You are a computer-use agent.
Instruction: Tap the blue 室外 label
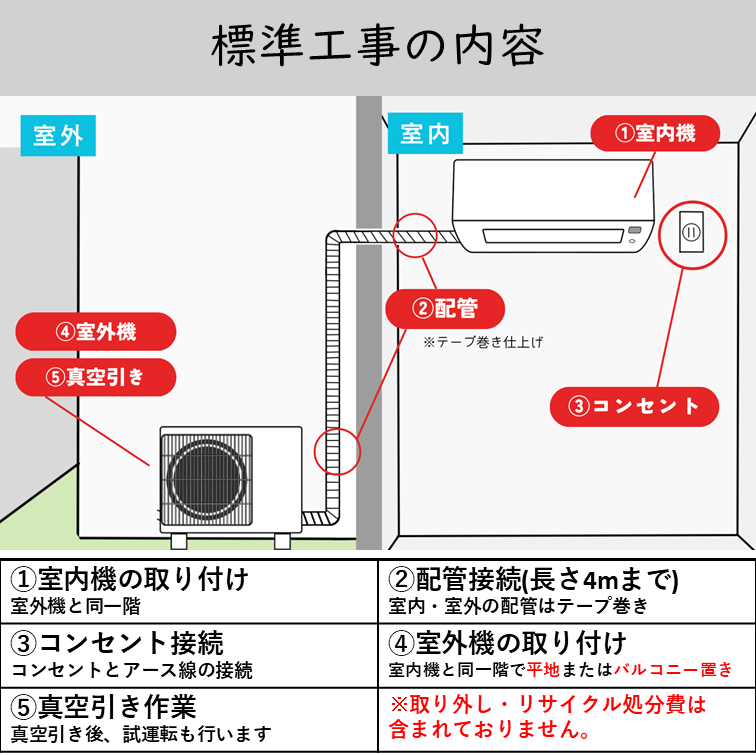(x=58, y=135)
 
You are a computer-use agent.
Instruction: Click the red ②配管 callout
(x=445, y=309)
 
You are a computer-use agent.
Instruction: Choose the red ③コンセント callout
(x=634, y=406)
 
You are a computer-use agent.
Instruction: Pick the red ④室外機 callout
(x=96, y=331)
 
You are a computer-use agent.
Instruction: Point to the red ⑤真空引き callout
(x=96, y=377)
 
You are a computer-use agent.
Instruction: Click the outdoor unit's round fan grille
(x=207, y=476)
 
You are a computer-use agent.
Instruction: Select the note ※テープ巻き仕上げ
(x=482, y=342)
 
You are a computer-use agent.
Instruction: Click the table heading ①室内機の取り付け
(x=130, y=579)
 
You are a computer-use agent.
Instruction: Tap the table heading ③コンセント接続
(x=117, y=642)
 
